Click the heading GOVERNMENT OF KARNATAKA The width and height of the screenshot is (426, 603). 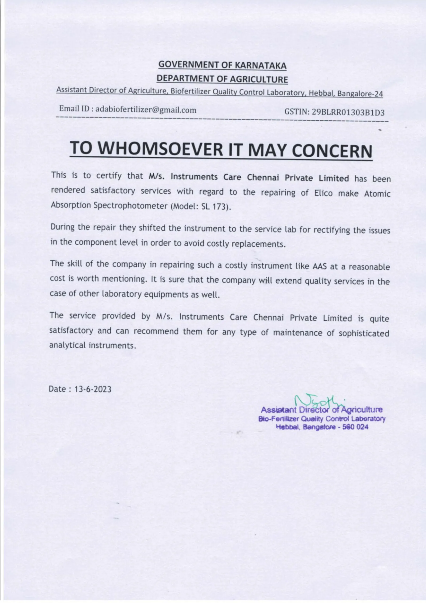click(x=222, y=65)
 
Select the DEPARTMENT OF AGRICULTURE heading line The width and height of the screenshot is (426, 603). click(x=222, y=79)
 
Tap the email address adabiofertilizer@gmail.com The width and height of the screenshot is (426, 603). click(x=146, y=110)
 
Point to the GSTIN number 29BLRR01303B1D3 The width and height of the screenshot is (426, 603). click(x=349, y=112)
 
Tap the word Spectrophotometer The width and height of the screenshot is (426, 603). click(x=130, y=205)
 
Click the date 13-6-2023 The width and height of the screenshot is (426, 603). click(x=93, y=389)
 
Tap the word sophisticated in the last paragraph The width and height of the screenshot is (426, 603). click(x=364, y=334)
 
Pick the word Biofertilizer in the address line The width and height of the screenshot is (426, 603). click(x=190, y=91)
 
